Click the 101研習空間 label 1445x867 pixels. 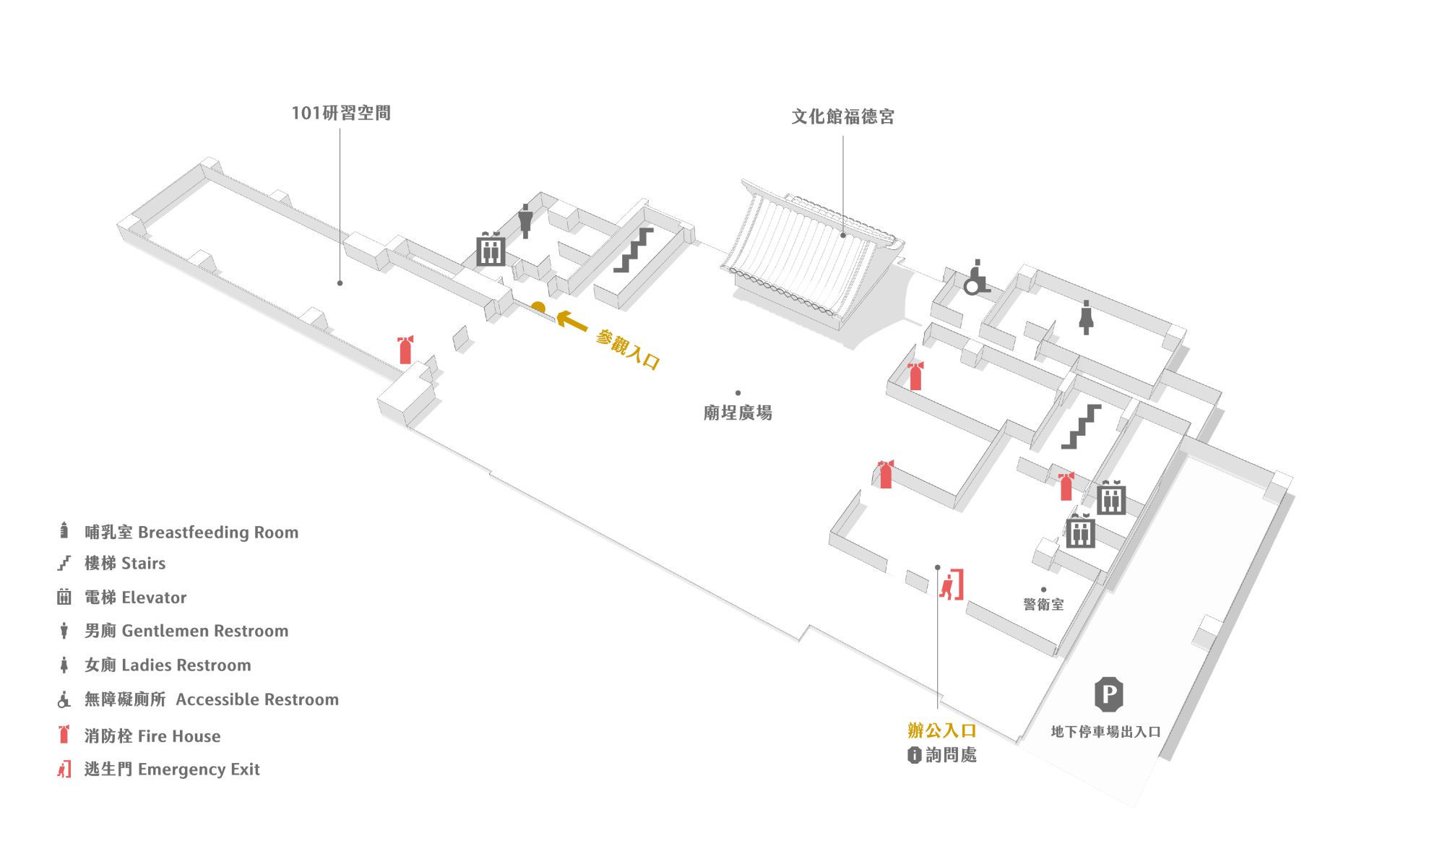click(x=341, y=113)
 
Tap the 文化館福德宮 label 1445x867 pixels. click(x=842, y=117)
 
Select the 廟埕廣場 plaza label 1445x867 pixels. click(x=738, y=413)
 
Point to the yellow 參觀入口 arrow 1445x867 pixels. click(x=571, y=320)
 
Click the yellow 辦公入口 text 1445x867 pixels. click(x=941, y=730)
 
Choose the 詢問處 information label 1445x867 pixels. click(x=943, y=755)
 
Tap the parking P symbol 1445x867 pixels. click(x=1108, y=695)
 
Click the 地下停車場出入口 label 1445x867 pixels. click(x=1105, y=732)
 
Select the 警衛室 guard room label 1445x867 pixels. click(x=1043, y=605)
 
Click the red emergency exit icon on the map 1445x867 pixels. click(x=952, y=585)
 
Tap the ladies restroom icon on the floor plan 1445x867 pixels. click(x=1085, y=318)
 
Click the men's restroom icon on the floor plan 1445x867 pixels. click(x=525, y=221)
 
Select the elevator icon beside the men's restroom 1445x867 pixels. click(x=491, y=249)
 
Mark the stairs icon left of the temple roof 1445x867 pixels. click(x=634, y=251)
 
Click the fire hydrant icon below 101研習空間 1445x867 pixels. click(x=405, y=350)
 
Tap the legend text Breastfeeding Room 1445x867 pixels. click(x=217, y=532)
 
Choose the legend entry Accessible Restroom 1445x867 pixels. click(x=256, y=699)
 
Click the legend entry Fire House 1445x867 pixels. click(x=178, y=736)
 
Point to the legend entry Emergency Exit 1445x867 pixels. click(x=198, y=769)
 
